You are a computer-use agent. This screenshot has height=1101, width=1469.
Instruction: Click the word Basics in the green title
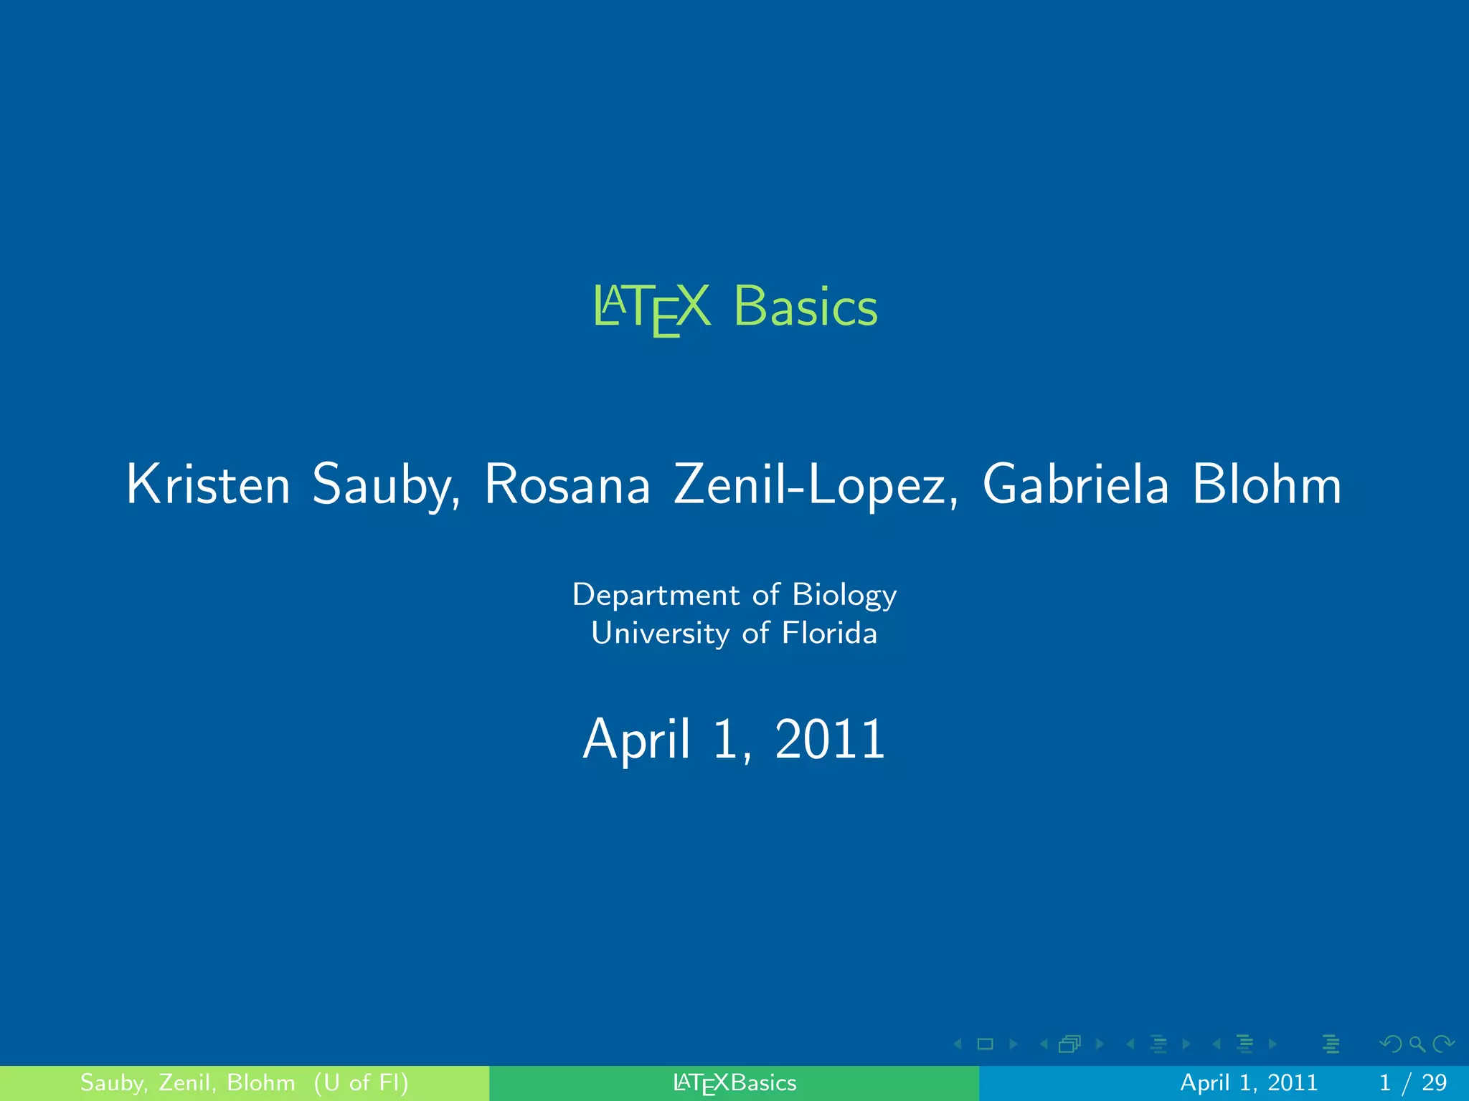[x=805, y=307]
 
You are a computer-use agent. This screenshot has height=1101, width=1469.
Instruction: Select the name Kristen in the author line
[x=208, y=485]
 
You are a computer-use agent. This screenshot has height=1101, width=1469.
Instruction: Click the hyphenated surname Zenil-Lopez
[x=815, y=485]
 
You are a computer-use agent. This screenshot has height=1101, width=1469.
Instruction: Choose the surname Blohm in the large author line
[x=1266, y=485]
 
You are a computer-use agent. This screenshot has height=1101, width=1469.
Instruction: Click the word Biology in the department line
[x=844, y=596]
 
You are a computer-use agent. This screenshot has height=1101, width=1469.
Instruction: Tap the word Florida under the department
[x=828, y=634]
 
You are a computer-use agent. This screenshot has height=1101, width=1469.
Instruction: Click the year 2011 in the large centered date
[x=830, y=739]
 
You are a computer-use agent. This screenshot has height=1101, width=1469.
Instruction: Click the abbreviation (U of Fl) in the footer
[x=361, y=1082]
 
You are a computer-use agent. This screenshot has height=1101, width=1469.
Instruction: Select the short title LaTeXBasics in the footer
[x=734, y=1083]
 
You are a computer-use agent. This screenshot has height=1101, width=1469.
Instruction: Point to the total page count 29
[x=1434, y=1082]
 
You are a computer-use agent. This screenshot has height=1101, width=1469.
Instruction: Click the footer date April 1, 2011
[x=1249, y=1082]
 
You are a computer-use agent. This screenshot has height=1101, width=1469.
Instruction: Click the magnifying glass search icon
[x=1417, y=1044]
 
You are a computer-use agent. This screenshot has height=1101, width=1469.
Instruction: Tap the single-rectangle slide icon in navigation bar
[x=985, y=1044]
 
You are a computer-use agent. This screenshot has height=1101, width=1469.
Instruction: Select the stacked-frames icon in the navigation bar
[x=1069, y=1044]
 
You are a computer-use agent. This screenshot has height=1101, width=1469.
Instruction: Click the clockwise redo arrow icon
[x=1443, y=1044]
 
